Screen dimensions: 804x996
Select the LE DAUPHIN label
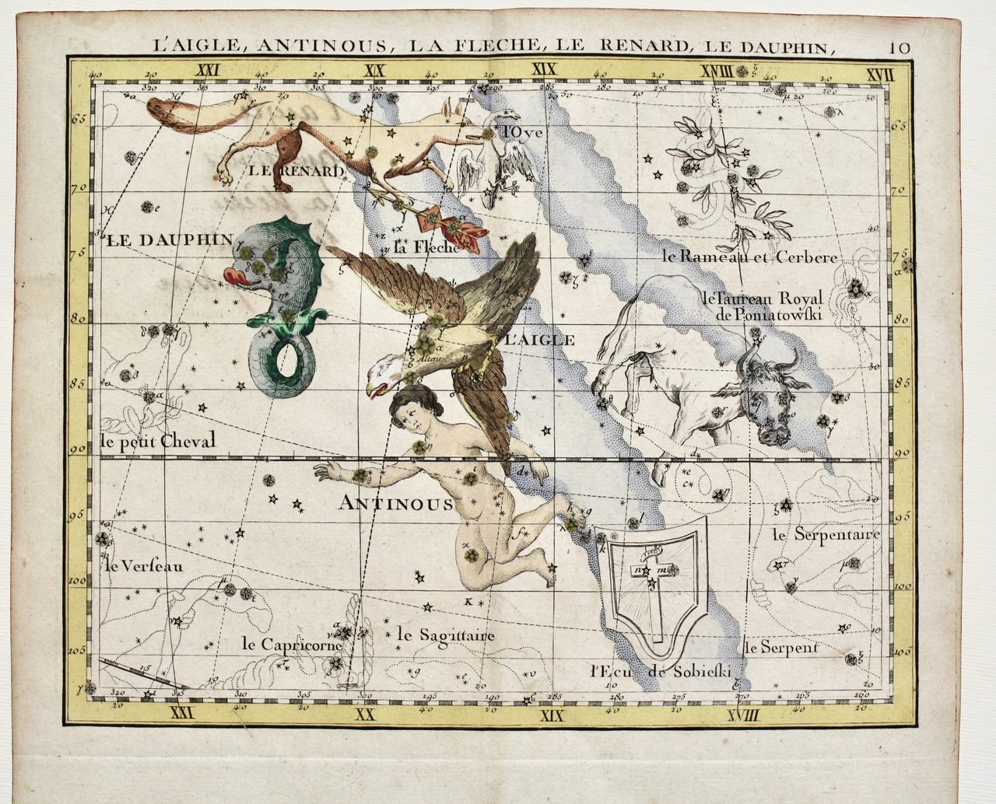click(167, 239)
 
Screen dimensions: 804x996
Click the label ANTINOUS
click(396, 504)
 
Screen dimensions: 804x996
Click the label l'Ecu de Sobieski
click(661, 672)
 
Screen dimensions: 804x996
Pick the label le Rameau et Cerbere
click(749, 257)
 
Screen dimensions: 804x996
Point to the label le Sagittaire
click(445, 635)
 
